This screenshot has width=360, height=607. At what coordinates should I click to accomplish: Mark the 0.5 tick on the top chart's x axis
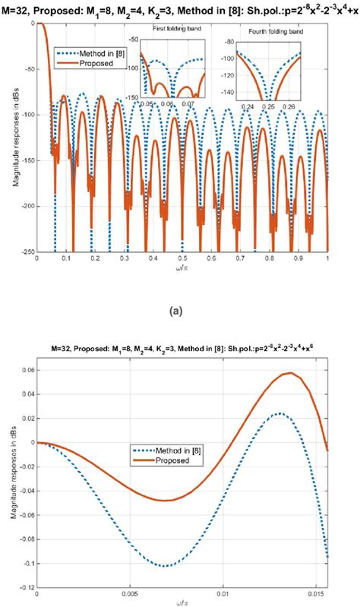182,259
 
